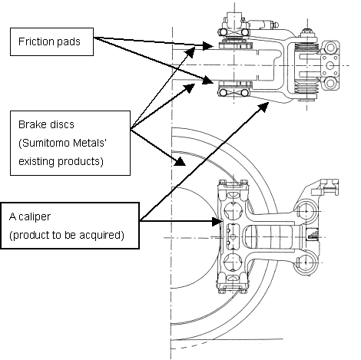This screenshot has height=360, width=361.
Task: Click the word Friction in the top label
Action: click(x=36, y=41)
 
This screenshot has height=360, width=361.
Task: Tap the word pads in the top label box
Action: click(x=68, y=42)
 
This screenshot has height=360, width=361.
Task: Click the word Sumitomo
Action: click(x=45, y=143)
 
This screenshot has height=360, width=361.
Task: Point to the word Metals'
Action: click(x=89, y=143)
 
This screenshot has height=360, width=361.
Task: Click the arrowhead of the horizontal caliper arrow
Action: click(x=217, y=221)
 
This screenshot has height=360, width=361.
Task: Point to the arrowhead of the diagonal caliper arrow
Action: click(x=263, y=106)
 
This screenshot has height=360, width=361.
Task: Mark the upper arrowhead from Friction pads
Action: click(x=208, y=46)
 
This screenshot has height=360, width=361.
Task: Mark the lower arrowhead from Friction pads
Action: click(x=207, y=81)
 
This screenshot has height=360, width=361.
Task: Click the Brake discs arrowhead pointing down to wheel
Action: click(x=180, y=161)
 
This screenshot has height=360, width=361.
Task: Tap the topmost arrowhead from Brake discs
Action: click(x=190, y=51)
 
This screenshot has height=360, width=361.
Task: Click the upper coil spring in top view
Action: click(x=306, y=47)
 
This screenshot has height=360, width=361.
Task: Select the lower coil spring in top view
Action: click(x=306, y=87)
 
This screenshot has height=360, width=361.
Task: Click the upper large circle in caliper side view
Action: click(x=233, y=211)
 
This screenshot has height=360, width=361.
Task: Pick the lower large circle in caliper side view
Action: click(x=233, y=263)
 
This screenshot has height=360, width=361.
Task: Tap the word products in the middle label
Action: click(x=81, y=162)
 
